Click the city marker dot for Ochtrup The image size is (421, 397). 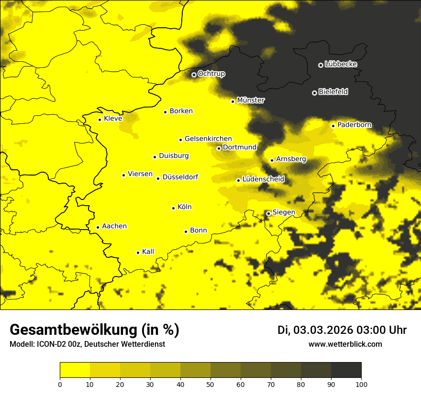pyautogui.click(x=194, y=75)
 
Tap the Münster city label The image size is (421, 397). pyautogui.click(x=251, y=100)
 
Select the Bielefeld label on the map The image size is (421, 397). pyautogui.click(x=333, y=92)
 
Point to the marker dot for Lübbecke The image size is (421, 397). pyautogui.click(x=321, y=65)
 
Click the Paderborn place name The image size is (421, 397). pyautogui.click(x=354, y=125)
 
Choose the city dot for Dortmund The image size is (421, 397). pyautogui.click(x=219, y=148)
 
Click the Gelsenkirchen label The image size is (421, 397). pyautogui.click(x=208, y=139)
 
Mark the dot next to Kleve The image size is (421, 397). pyautogui.click(x=100, y=120)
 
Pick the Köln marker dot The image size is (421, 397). pyautogui.click(x=173, y=208)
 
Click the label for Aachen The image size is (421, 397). pyautogui.click(x=114, y=226)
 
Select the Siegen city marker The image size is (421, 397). pyautogui.click(x=268, y=214)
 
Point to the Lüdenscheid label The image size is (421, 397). pyautogui.click(x=263, y=179)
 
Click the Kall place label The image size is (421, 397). pyautogui.click(x=148, y=252)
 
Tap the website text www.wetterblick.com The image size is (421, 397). pyautogui.click(x=345, y=344)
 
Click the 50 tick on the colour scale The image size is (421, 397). pyautogui.click(x=210, y=384)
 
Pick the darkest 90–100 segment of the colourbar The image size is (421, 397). pyautogui.click(x=346, y=370)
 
